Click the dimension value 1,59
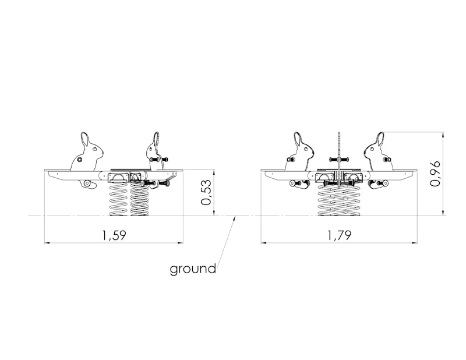point(114,235)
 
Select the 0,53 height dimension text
point(206,192)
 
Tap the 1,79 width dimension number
point(340,235)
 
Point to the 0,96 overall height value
point(435,174)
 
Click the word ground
point(193,269)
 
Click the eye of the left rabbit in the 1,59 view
point(94,149)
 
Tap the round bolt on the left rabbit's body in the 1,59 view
point(79,160)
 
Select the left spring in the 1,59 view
point(119,199)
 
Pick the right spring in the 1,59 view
point(139,199)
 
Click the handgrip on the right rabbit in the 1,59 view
point(159,160)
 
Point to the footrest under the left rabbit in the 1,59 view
point(88,184)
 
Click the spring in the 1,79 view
point(339,199)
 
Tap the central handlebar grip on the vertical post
point(339,160)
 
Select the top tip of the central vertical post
point(339,132)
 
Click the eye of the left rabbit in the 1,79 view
point(305,149)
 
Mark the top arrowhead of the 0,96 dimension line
point(443,135)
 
